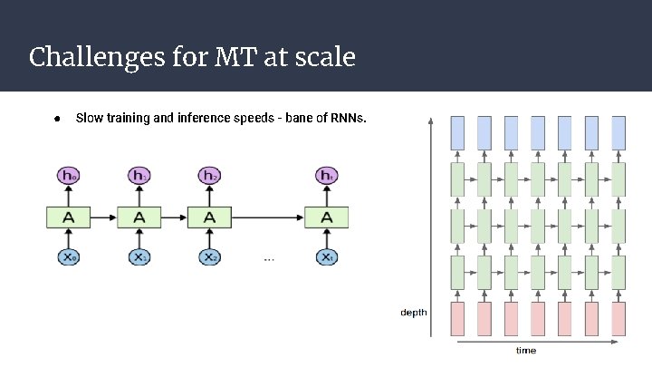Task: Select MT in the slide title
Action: pos(235,58)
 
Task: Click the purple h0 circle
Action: pos(68,175)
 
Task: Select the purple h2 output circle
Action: pos(209,175)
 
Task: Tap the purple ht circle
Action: pos(327,175)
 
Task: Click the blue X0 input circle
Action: pos(68,257)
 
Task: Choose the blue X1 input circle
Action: pos(139,257)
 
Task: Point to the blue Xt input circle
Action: pos(327,257)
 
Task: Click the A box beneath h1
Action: pos(139,217)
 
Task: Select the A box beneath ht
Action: pos(327,217)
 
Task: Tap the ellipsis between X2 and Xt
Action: pos(269,259)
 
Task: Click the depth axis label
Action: pos(414,313)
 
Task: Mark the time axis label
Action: pos(525,350)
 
